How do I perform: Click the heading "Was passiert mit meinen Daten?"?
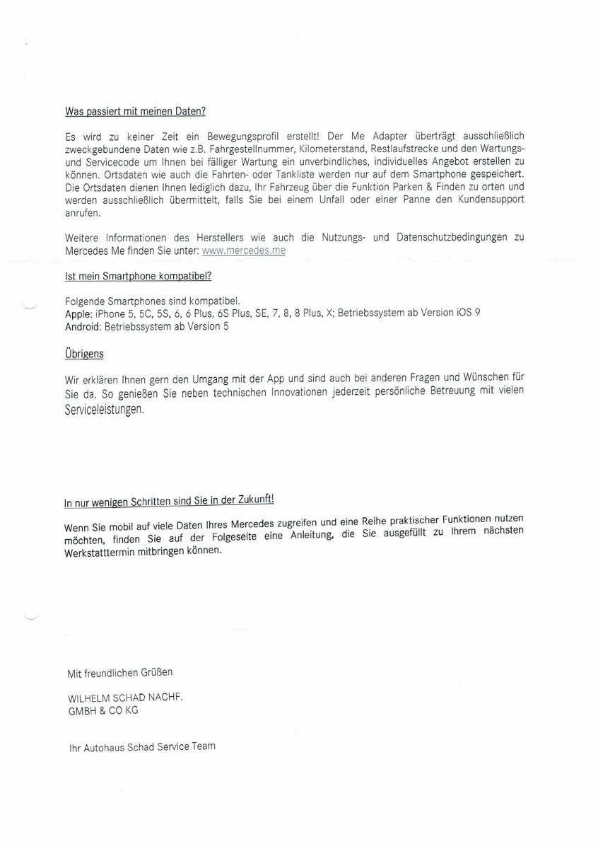(135, 112)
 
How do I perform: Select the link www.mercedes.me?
(244, 251)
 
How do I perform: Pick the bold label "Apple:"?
(78, 313)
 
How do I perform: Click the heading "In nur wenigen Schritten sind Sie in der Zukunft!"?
(168, 501)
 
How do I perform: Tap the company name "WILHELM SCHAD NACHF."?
(125, 698)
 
